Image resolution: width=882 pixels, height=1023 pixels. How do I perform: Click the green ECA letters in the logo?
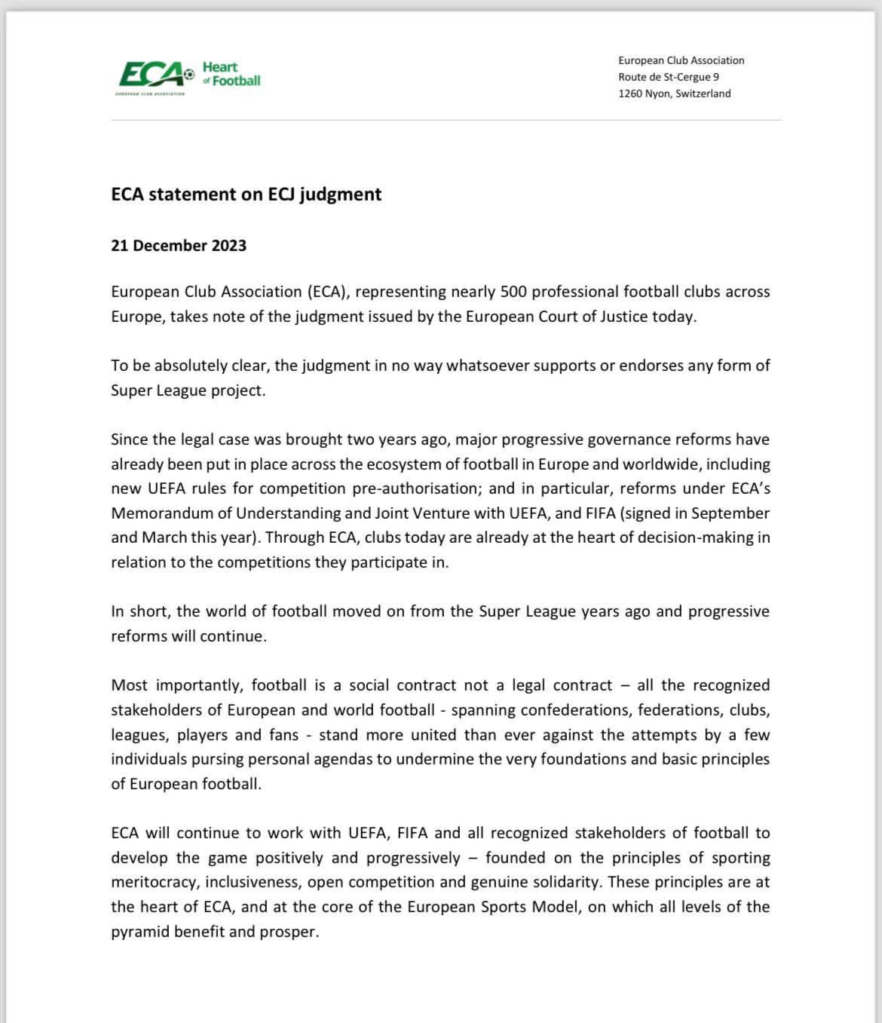[151, 75]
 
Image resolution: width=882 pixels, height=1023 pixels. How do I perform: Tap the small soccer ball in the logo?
[189, 74]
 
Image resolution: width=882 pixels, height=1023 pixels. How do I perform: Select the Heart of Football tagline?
[231, 74]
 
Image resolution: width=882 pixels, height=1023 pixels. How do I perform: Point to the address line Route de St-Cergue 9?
[669, 77]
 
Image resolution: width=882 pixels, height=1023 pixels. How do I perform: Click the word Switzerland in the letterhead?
[703, 93]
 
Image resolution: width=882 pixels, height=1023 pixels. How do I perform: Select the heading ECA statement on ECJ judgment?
[246, 194]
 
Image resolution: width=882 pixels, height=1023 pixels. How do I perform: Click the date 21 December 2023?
[179, 245]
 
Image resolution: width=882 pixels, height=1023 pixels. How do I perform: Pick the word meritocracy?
[154, 881]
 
